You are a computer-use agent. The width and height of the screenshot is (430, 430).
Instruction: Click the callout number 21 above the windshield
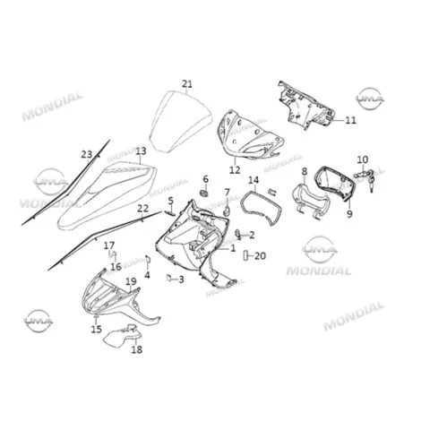point(187,84)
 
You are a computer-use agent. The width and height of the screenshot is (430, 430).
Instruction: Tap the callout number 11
point(350,120)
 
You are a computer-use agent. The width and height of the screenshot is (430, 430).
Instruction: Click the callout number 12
point(235,170)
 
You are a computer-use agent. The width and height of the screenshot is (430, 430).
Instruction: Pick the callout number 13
point(141,151)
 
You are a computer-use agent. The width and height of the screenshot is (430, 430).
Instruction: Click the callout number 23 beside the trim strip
point(87,154)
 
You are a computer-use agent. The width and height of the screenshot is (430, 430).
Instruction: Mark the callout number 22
point(142,208)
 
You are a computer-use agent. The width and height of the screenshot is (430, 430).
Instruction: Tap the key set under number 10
point(365,178)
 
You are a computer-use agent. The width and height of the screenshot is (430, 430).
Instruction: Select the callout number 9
point(349,214)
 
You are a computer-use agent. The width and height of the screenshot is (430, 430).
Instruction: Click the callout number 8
point(305,172)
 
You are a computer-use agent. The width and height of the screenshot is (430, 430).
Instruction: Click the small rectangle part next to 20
point(246,256)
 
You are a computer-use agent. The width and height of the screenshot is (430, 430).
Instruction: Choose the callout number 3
point(181,279)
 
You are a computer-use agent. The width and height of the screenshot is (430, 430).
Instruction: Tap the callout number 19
point(131,281)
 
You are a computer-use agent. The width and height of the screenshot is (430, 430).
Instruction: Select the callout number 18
point(137,349)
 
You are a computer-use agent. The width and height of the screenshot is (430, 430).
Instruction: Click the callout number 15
point(97,329)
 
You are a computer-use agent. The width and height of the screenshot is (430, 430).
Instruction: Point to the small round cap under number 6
point(204,193)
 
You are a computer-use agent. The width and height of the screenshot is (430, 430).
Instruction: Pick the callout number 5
point(170,201)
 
